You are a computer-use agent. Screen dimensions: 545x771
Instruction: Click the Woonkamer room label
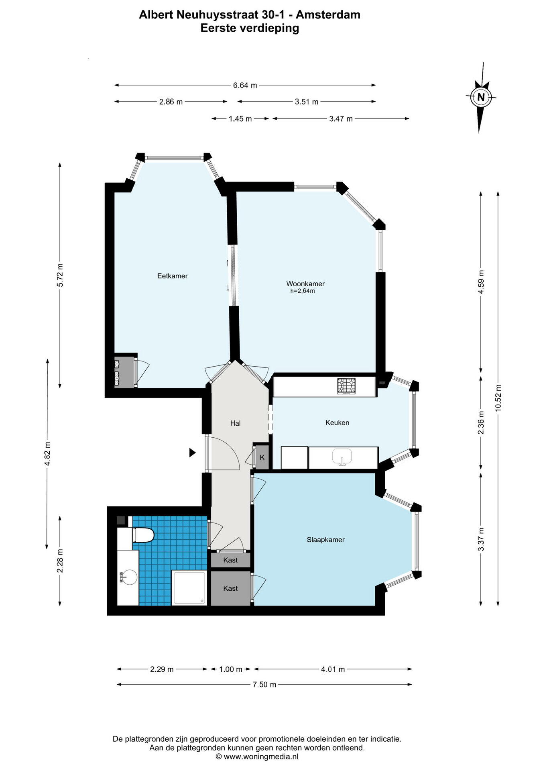click(305, 284)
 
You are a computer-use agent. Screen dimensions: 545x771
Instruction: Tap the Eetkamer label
click(173, 276)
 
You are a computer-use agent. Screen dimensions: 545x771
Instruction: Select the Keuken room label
click(337, 422)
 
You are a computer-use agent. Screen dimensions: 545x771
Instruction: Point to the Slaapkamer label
click(326, 540)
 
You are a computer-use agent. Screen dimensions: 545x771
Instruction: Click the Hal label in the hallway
click(235, 423)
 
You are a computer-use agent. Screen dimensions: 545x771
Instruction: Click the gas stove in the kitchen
click(346, 386)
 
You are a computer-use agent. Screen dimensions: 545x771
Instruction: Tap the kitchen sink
click(342, 457)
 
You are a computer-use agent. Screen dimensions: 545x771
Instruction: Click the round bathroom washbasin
click(128, 577)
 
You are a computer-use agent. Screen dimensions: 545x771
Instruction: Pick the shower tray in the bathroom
click(189, 587)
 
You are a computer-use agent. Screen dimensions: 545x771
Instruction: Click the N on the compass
click(481, 97)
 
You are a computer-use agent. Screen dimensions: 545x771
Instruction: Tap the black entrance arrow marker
click(193, 453)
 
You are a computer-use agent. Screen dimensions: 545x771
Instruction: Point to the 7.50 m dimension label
click(264, 685)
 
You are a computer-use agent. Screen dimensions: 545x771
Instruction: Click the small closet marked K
click(262, 457)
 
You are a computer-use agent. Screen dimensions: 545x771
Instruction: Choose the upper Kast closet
click(230, 560)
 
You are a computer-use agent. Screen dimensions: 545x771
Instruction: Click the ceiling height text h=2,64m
click(303, 291)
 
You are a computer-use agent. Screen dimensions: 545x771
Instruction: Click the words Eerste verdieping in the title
click(250, 28)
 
